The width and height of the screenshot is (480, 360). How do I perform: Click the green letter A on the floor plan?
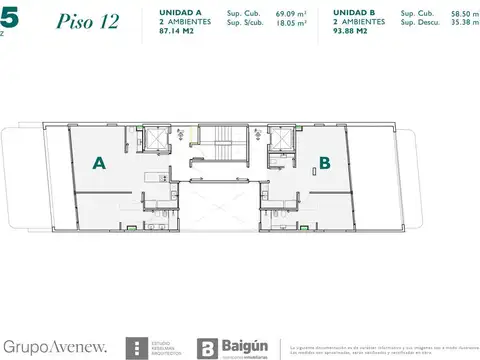click(100, 162)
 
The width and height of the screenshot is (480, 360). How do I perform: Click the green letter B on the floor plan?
click(325, 160)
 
